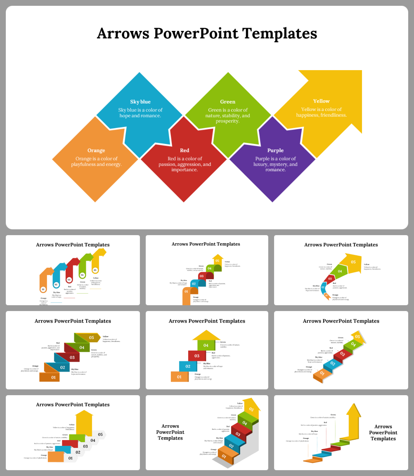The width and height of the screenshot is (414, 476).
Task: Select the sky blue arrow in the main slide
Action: point(140,120)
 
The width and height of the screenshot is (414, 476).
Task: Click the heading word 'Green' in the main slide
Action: point(227,102)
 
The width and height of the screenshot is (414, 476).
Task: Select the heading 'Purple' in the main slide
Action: point(275,151)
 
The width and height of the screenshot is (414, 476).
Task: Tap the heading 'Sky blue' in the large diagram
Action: point(140,102)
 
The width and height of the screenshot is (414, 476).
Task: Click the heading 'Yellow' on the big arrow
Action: point(321,101)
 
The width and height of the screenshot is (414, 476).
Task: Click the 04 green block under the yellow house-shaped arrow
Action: point(206,345)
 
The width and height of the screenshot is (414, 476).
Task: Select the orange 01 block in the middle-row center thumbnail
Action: point(179,377)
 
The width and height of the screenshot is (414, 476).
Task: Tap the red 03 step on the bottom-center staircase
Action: point(238,434)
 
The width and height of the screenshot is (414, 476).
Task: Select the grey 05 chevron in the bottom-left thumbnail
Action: point(100,434)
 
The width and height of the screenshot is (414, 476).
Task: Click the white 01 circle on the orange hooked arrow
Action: point(44,290)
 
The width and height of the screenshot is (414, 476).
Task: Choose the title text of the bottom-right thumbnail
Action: point(383,432)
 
